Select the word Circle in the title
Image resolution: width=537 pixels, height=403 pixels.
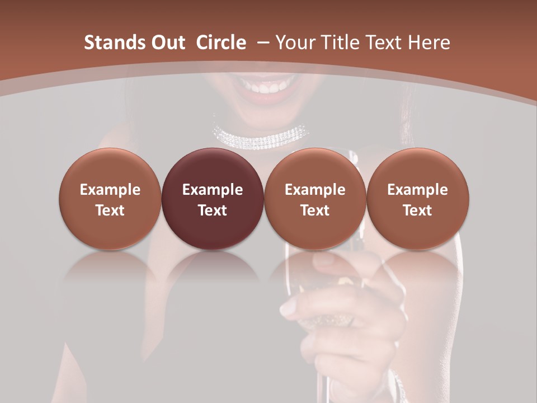point(221,43)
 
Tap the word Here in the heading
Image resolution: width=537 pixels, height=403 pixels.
point(430,43)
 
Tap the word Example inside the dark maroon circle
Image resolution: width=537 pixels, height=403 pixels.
point(212,190)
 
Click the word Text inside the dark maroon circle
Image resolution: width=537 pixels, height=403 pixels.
point(212,210)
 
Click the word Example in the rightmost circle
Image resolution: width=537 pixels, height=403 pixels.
point(417,190)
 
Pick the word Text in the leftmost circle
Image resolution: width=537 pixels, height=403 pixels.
point(110,210)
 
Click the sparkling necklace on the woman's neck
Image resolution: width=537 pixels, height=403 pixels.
point(261,136)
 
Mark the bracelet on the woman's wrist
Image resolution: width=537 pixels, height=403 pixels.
point(398,386)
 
